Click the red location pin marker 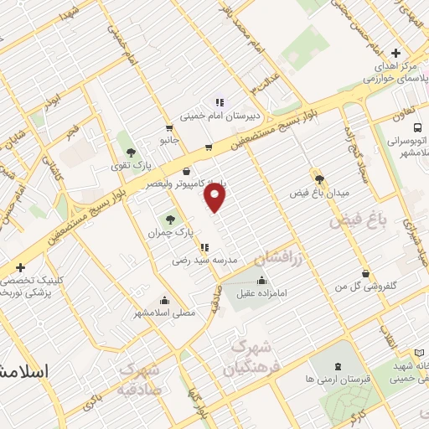pyautogui.click(x=216, y=197)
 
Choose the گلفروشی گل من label pyautogui.click(x=365, y=287)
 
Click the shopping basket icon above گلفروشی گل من pyautogui.click(x=365, y=273)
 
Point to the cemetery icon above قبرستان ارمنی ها pyautogui.click(x=338, y=365)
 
